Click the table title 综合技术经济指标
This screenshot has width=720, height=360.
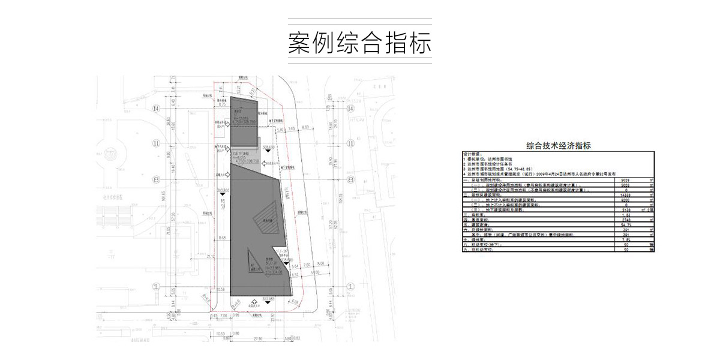pyautogui.click(x=559, y=145)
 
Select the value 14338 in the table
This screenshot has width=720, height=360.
pyautogui.click(x=625, y=195)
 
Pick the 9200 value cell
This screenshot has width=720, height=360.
pyautogui.click(x=626, y=200)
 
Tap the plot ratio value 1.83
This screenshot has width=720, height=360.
pyautogui.click(x=625, y=214)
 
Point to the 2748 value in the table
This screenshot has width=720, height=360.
pyautogui.click(x=625, y=219)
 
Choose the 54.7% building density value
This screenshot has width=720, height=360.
pyautogui.click(x=625, y=224)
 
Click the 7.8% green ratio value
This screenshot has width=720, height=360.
pyautogui.click(x=625, y=239)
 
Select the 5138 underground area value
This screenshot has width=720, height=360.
pyautogui.click(x=625, y=209)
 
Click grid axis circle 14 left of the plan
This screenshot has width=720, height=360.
pyautogui.click(x=157, y=109)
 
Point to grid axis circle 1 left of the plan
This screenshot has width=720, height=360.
pyautogui.click(x=157, y=287)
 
